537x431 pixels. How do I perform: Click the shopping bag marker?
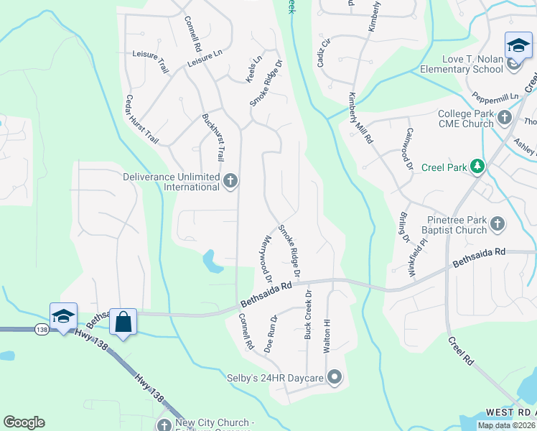click(123, 322)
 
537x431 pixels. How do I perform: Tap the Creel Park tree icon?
click(477, 167)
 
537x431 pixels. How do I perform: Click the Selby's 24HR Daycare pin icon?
click(334, 376)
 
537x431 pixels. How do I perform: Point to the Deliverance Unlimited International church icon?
click(230, 180)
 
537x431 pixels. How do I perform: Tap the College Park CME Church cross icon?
click(504, 117)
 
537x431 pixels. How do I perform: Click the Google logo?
click(24, 422)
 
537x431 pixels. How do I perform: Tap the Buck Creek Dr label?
click(308, 315)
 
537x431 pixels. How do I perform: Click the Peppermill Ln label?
click(495, 97)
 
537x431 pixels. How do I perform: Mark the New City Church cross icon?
click(164, 425)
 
